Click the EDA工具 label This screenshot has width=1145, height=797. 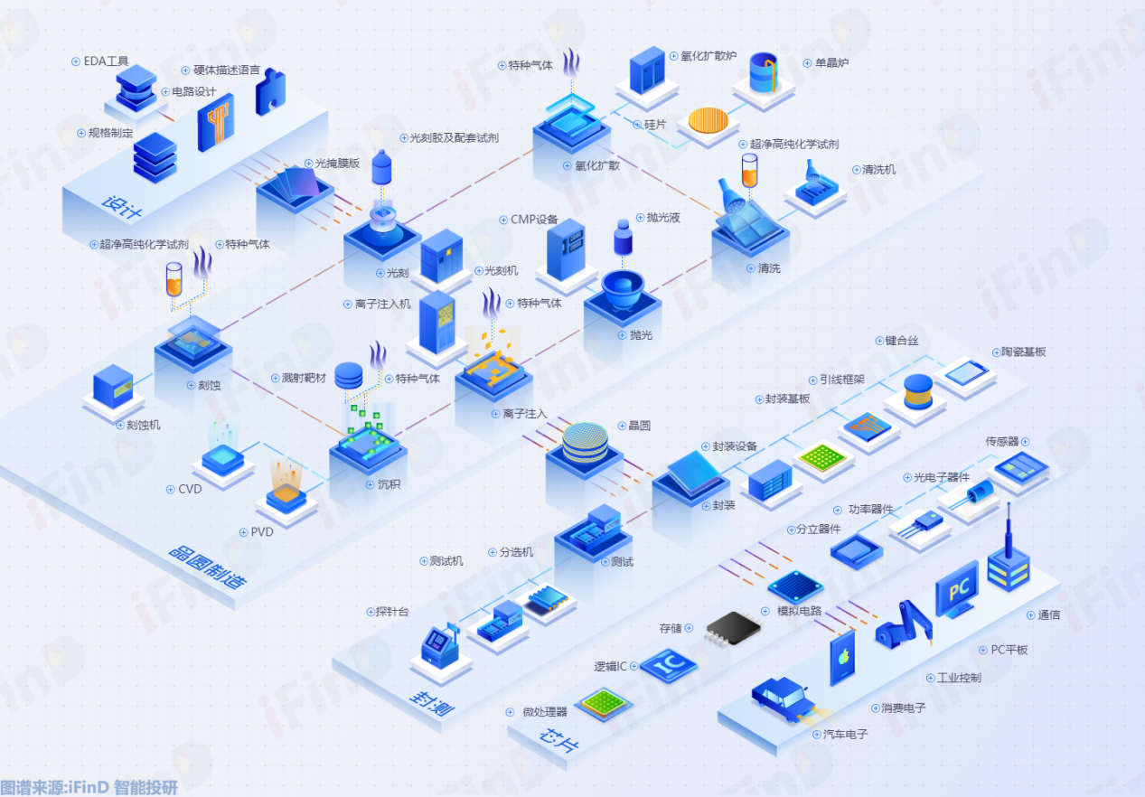[106, 61]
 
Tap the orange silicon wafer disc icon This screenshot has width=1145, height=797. [708, 120]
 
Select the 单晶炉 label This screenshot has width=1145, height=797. [831, 63]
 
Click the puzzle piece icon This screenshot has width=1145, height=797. [270, 91]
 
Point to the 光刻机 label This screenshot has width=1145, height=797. [501, 270]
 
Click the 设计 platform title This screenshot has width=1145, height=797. [122, 207]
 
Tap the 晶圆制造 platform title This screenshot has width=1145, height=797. [208, 567]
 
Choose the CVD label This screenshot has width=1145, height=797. [190, 489]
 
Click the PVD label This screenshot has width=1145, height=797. [262, 532]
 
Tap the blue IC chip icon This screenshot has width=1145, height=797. [668, 665]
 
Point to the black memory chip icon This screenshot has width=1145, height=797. [732, 628]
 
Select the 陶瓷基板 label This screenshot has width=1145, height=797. [1023, 352]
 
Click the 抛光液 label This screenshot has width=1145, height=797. [663, 218]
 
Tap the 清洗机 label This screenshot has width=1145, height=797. [878, 170]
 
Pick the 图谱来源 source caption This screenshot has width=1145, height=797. [89, 787]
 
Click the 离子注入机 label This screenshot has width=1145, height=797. [382, 305]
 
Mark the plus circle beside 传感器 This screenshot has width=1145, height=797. [1026, 442]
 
